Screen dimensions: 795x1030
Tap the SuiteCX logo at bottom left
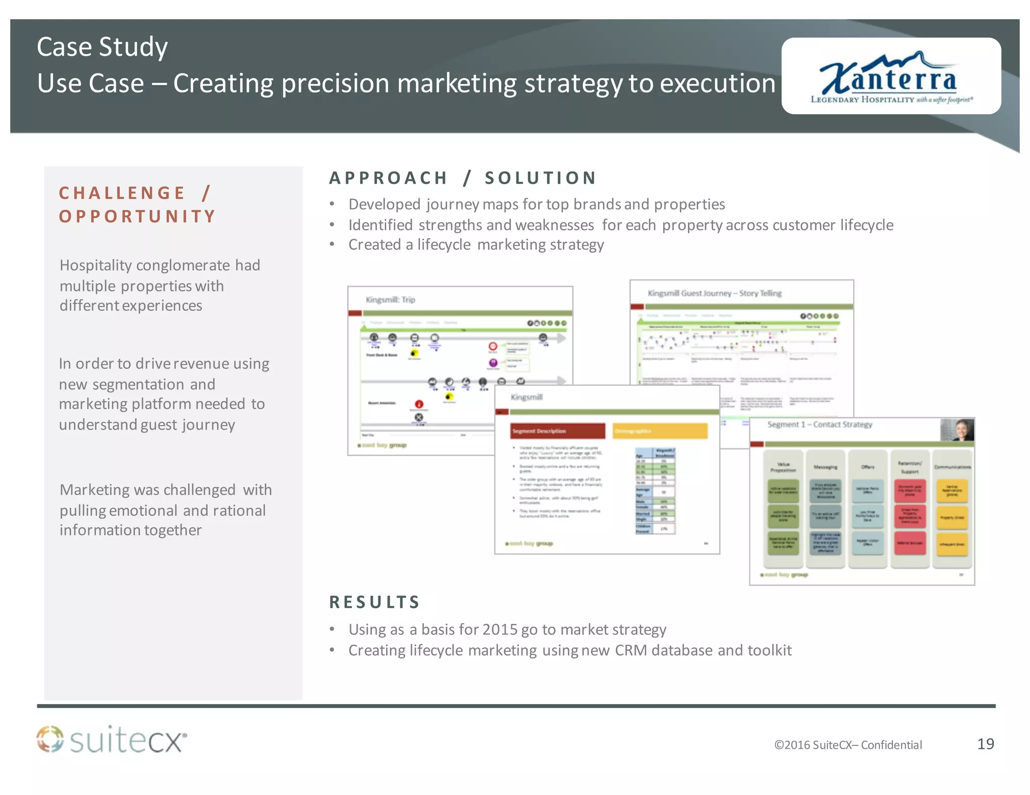click(x=112, y=740)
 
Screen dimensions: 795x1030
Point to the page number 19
click(x=985, y=744)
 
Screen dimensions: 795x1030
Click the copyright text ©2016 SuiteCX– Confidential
click(x=848, y=745)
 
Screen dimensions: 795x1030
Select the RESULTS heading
click(x=375, y=602)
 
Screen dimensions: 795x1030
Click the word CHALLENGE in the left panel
click(x=122, y=193)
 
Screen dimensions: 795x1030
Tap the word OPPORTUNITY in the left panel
click(x=137, y=217)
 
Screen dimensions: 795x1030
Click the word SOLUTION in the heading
click(x=541, y=178)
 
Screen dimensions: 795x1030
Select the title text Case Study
click(x=102, y=47)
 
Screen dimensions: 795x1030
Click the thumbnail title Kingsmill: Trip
click(x=390, y=300)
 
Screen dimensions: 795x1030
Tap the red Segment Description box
click(x=558, y=431)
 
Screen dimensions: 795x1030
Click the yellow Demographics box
click(x=659, y=431)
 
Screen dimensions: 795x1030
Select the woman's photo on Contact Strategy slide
click(x=957, y=430)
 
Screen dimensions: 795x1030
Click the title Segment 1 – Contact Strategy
click(x=820, y=425)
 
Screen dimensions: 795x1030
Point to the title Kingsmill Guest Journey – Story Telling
click(x=714, y=293)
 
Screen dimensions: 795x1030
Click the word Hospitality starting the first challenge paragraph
click(x=96, y=265)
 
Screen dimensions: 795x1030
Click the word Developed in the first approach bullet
click(x=384, y=205)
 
